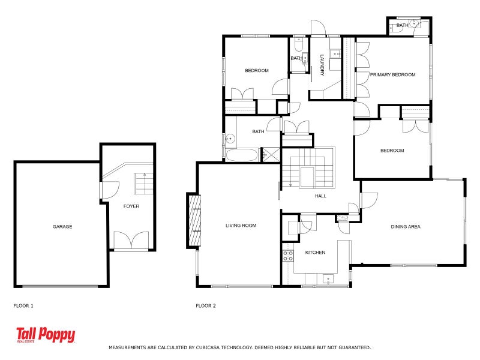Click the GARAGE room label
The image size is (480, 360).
[x=62, y=227]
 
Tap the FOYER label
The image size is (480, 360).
[x=131, y=206]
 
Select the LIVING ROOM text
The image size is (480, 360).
[x=241, y=226]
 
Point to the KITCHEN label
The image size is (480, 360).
[x=315, y=253]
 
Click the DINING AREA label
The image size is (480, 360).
[x=406, y=227]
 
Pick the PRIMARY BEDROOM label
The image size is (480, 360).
[x=393, y=74]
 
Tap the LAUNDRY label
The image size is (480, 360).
[x=322, y=65]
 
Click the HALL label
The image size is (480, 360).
[x=320, y=196]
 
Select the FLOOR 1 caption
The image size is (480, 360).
[x=23, y=306]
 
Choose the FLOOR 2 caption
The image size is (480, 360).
[x=206, y=306]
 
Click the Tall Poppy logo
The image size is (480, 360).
[x=46, y=335]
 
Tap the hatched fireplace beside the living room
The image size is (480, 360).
[x=194, y=220]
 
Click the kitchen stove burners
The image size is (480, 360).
[x=288, y=256]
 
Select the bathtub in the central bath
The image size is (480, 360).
[x=242, y=155]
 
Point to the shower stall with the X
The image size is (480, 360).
[x=271, y=155]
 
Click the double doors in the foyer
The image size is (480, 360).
[x=131, y=240]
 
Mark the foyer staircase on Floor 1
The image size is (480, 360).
[x=143, y=184]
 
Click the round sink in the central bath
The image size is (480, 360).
[x=230, y=139]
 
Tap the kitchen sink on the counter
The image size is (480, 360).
[x=328, y=279]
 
